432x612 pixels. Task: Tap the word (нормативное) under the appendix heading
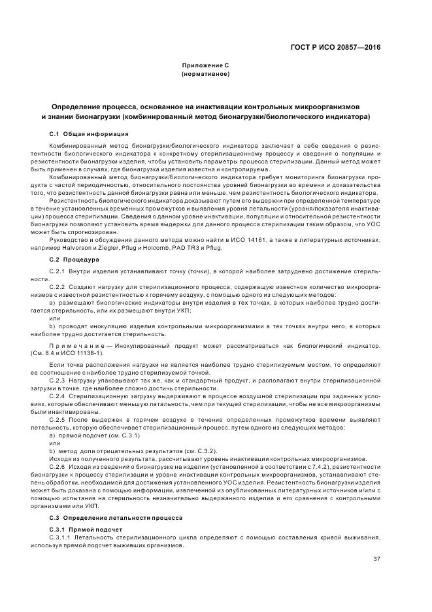pos(205,75)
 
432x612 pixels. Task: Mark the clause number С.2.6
pos(58,468)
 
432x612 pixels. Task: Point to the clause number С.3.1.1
pos(60,537)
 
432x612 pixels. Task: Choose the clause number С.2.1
pos(58,271)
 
